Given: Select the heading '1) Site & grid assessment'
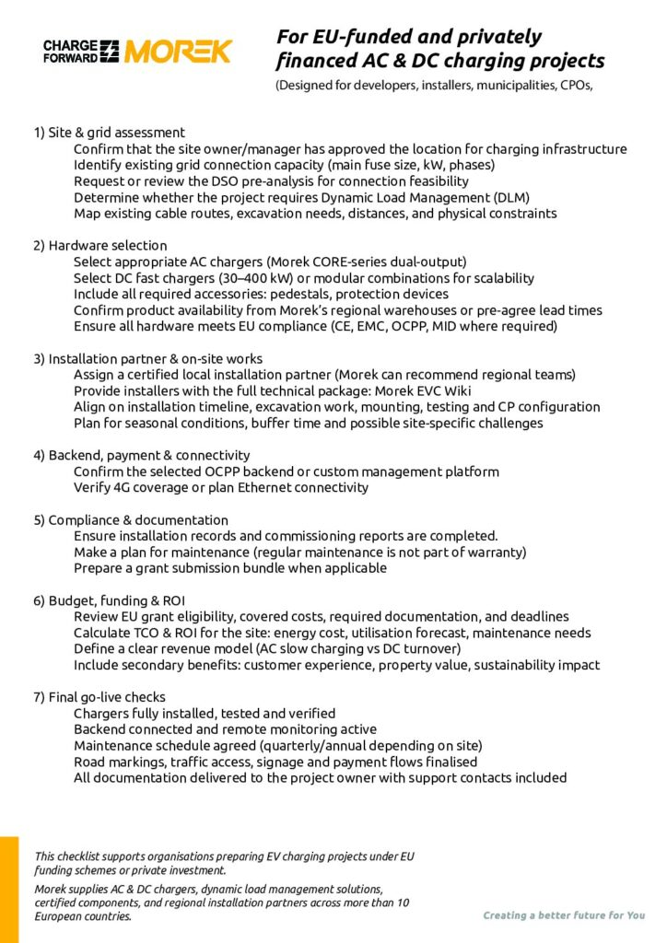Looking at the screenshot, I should [x=110, y=132].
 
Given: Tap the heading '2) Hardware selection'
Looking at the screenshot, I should [x=100, y=246].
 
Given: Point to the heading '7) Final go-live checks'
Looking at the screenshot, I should [x=99, y=697].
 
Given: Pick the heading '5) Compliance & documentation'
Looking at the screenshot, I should [x=131, y=519].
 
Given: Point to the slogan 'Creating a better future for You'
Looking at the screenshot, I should [x=564, y=915].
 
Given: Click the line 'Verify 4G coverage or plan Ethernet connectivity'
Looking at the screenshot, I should [x=221, y=487].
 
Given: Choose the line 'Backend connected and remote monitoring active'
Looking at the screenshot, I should [x=225, y=729].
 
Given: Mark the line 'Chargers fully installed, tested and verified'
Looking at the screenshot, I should [x=205, y=714].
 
